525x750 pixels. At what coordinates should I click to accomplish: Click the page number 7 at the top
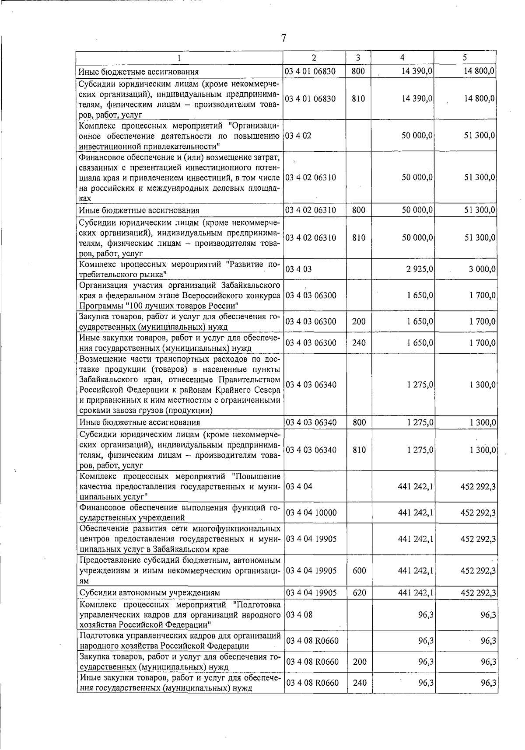point(283,38)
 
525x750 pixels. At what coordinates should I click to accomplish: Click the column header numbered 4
point(402,57)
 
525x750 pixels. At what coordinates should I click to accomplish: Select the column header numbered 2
point(314,57)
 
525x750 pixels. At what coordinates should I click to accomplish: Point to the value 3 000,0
point(483,269)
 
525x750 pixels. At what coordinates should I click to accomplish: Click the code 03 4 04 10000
point(311,513)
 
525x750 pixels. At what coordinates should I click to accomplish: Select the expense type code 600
point(359,571)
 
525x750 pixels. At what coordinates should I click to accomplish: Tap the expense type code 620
point(359,593)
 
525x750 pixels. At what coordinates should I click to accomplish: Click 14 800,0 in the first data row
point(479,71)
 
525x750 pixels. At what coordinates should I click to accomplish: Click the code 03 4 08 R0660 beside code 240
point(312,683)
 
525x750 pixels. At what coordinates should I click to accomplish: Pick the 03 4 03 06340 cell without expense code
point(311,384)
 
